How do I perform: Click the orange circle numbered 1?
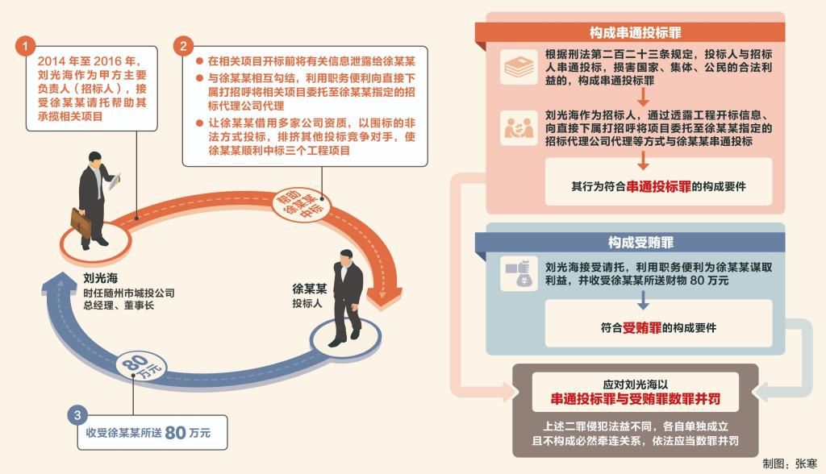click(x=25, y=46)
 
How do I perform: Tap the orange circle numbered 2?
click(x=183, y=46)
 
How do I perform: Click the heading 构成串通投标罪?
click(x=636, y=33)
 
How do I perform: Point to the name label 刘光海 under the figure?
click(x=101, y=278)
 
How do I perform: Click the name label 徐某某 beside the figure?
click(x=310, y=289)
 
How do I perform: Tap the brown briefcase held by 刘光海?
click(x=81, y=223)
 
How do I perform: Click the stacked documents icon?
click(x=519, y=67)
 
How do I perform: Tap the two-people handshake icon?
click(x=519, y=128)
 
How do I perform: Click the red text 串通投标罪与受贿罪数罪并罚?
click(x=636, y=399)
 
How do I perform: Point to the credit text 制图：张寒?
click(x=789, y=464)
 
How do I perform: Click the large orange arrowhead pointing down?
click(x=383, y=298)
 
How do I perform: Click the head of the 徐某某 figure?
click(x=345, y=258)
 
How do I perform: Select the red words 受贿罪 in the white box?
click(x=641, y=327)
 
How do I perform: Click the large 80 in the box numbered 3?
click(x=175, y=433)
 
